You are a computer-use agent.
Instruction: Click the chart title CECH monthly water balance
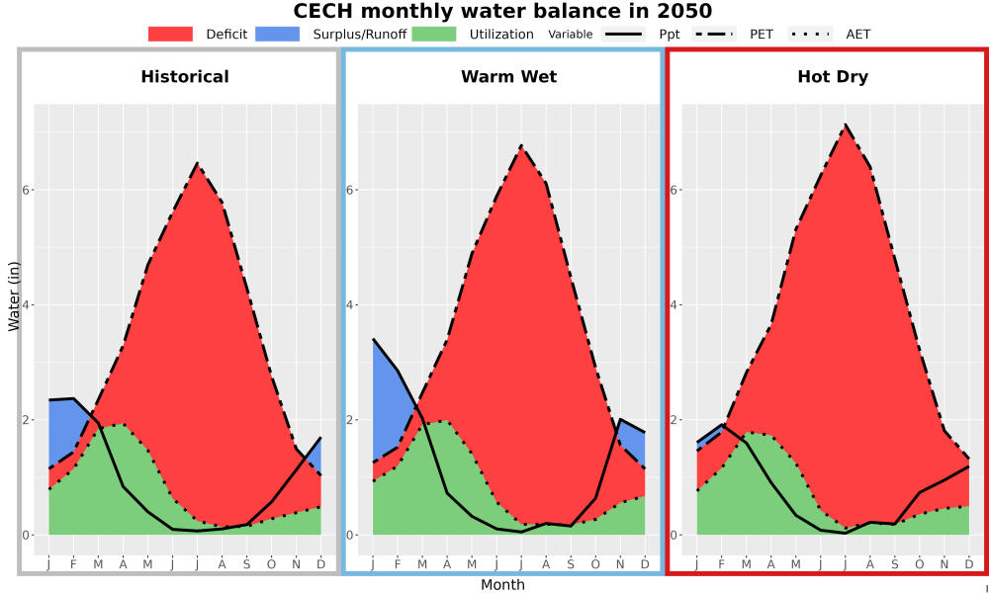(502, 11)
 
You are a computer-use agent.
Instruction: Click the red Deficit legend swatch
(170, 34)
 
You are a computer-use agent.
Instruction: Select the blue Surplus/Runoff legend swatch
(278, 34)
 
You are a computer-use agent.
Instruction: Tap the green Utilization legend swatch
(434, 34)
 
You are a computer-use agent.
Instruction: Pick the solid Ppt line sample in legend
(623, 34)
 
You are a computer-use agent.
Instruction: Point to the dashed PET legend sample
(714, 34)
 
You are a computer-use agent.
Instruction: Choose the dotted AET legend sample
(810, 34)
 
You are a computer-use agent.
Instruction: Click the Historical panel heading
(185, 77)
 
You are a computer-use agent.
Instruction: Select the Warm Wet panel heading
(509, 77)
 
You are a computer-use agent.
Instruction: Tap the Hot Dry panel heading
(833, 77)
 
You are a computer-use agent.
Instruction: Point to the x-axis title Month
(502, 585)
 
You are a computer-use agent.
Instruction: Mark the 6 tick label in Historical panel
(28, 190)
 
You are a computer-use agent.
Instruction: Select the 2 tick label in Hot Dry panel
(674, 420)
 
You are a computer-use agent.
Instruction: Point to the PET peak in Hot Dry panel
(845, 125)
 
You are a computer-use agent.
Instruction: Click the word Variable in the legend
(571, 35)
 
